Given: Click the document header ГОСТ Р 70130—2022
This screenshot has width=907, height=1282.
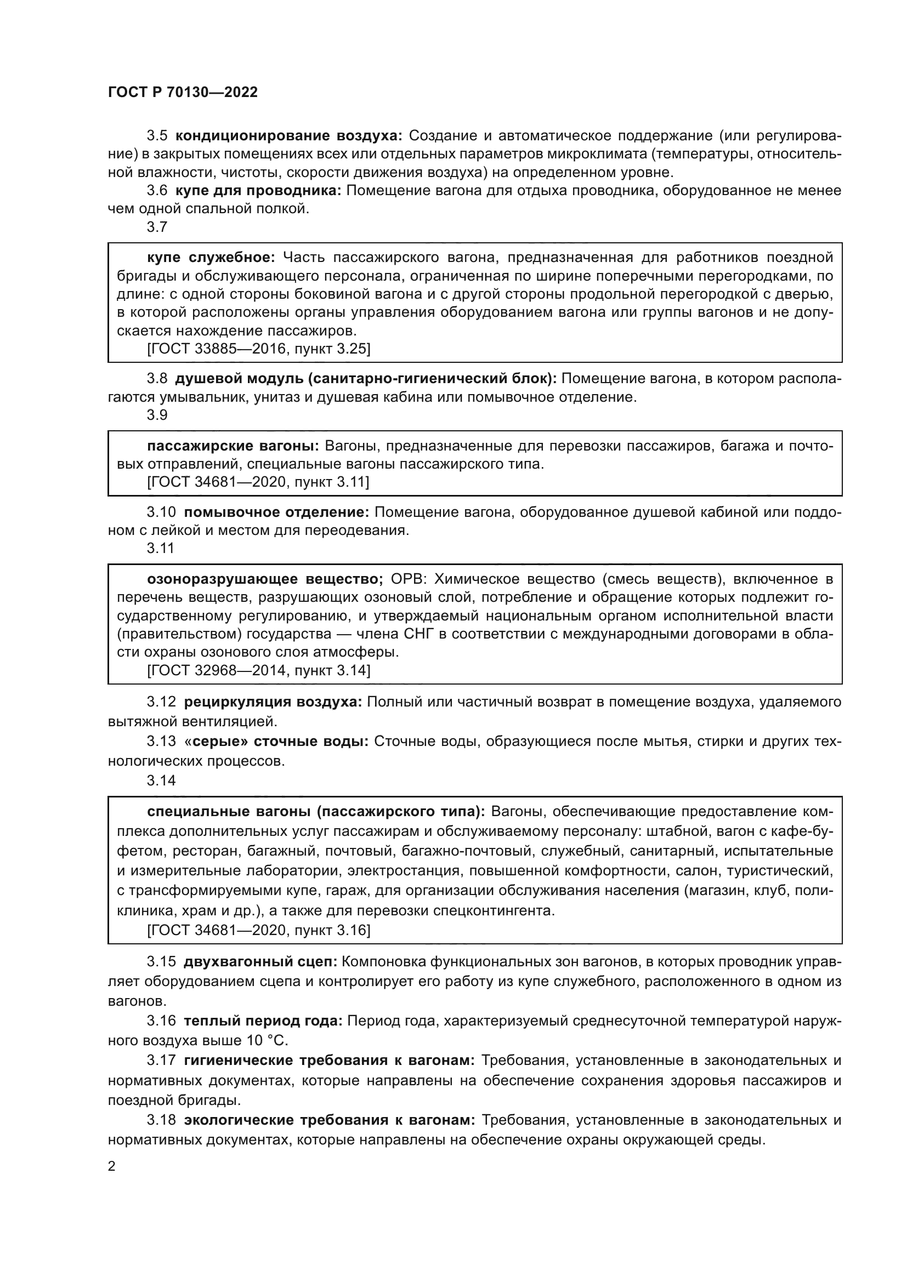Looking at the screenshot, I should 183,93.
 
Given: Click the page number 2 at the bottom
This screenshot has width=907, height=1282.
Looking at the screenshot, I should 112,1166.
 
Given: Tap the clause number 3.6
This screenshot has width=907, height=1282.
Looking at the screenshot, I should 157,190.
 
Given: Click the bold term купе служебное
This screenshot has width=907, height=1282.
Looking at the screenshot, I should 211,258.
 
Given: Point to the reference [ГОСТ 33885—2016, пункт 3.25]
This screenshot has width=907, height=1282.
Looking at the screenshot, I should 259,349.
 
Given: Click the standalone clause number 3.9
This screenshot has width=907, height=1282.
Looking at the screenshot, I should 157,415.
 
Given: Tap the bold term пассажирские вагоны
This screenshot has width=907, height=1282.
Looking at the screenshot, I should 233,446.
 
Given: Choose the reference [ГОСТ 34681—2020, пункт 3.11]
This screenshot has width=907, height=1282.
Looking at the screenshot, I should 258,482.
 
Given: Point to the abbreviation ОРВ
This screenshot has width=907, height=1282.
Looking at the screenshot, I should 409,579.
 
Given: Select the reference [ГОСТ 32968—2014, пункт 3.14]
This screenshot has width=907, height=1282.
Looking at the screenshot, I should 259,670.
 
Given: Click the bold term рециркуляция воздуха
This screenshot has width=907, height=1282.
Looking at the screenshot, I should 273,702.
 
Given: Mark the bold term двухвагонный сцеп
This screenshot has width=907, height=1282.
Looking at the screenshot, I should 260,962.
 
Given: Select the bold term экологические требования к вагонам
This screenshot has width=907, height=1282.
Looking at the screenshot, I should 330,1120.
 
